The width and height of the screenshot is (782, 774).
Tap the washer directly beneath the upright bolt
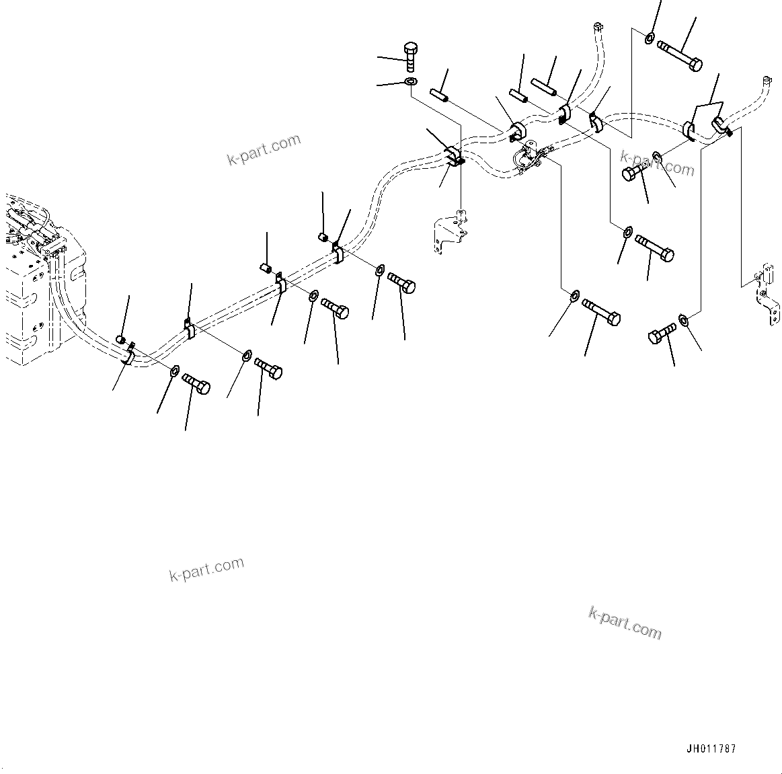pyautogui.click(x=410, y=82)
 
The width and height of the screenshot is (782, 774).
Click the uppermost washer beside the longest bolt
pyautogui.click(x=650, y=38)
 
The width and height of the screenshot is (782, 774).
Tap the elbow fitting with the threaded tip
pyautogui.click(x=721, y=126)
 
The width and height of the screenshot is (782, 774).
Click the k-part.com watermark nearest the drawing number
pyautogui.click(x=625, y=623)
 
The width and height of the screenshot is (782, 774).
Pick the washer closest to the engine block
pyautogui.click(x=174, y=370)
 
